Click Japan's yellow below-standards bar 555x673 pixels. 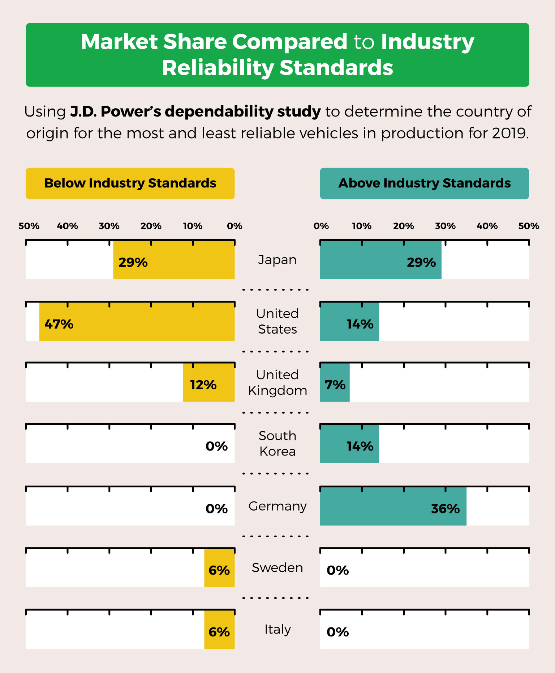tap(174, 260)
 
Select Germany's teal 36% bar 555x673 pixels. tap(393, 507)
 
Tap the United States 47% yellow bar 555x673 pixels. tap(137, 322)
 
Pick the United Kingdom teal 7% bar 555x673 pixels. tap(335, 383)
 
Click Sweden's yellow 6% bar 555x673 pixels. tap(219, 568)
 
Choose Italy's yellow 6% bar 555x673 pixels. tap(219, 630)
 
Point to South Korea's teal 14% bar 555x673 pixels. tap(349, 444)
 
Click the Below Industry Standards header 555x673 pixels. tap(130, 183)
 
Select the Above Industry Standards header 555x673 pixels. tap(424, 183)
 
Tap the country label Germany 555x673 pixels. tap(277, 506)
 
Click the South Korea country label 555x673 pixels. tap(277, 444)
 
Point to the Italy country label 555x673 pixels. tap(277, 630)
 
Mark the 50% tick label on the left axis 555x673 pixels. tap(29, 226)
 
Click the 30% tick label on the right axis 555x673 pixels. tap(445, 226)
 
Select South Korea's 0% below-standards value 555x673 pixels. tap(216, 446)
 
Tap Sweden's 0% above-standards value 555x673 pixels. tap(337, 571)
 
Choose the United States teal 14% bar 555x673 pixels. tap(349, 322)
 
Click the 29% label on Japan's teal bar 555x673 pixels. tap(421, 262)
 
